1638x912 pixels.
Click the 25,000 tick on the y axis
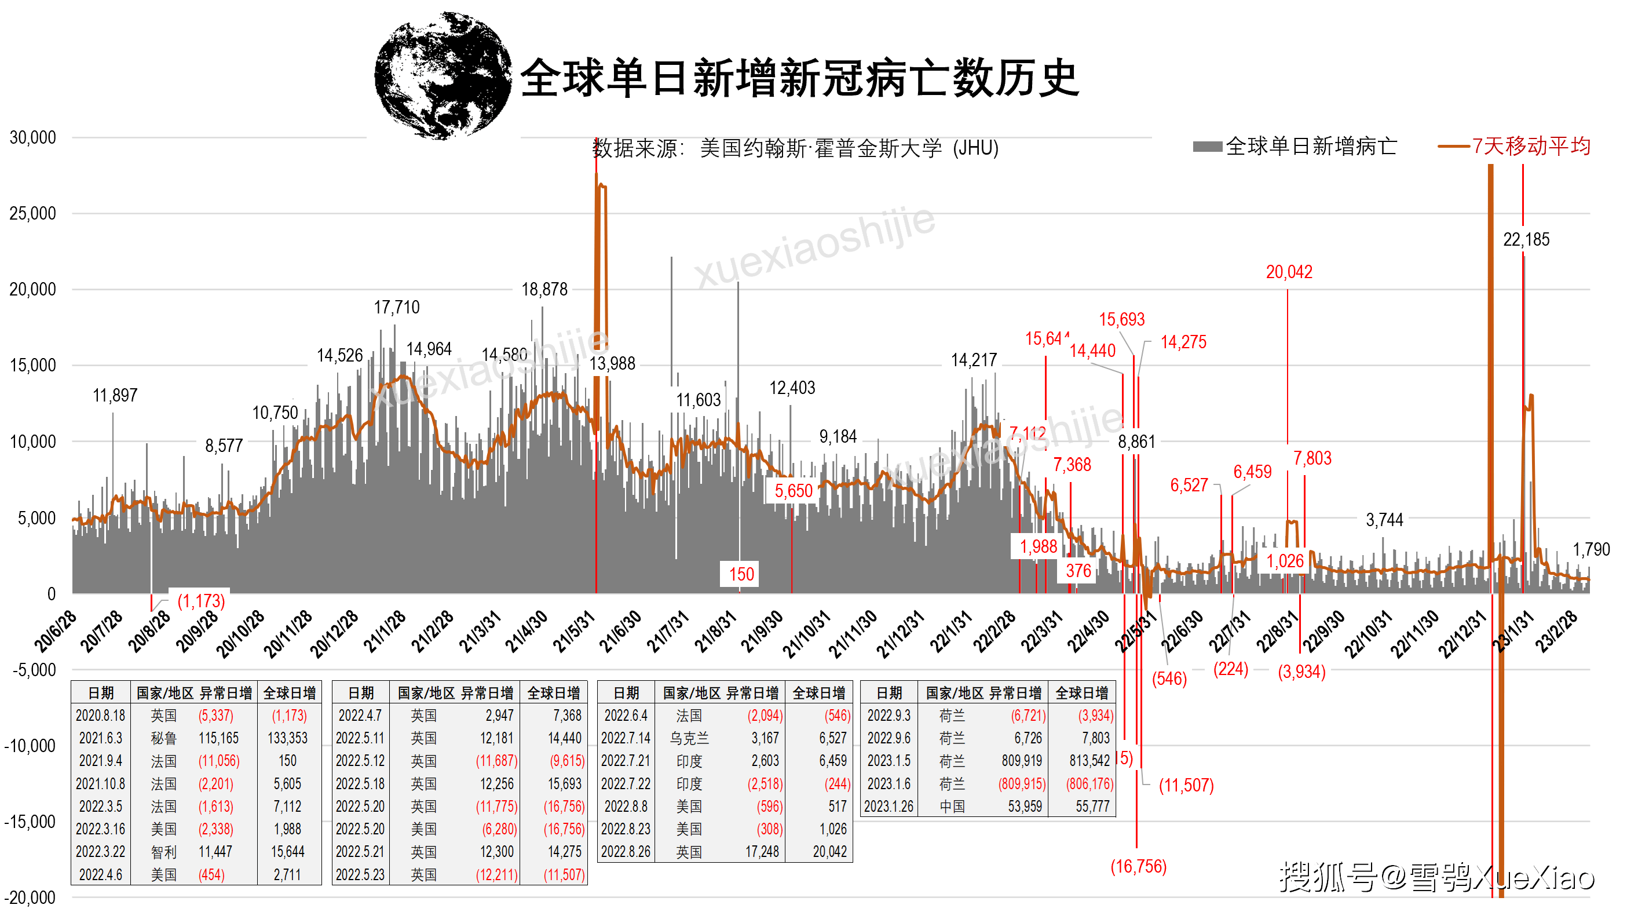(32, 214)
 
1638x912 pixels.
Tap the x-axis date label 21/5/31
(573, 632)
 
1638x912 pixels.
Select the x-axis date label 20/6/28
(54, 632)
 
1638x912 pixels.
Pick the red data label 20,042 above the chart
(1289, 272)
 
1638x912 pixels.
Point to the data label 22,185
(1526, 240)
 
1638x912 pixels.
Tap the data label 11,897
(115, 396)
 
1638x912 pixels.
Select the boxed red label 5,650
(793, 491)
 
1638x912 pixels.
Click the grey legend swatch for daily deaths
(1207, 147)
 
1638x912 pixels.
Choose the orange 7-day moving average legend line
(1454, 147)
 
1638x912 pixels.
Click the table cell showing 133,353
(287, 738)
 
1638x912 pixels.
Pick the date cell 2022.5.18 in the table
(360, 784)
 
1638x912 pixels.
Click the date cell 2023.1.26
(889, 807)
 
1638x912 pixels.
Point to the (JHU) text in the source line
(975, 148)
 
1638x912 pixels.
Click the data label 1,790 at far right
(1591, 550)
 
